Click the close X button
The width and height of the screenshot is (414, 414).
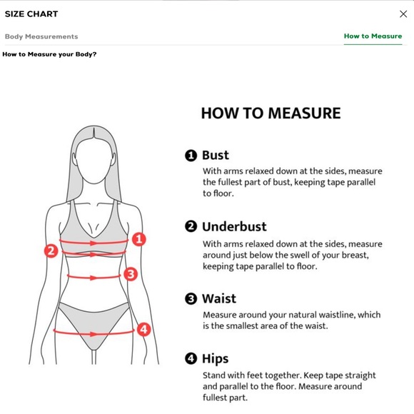click(403, 14)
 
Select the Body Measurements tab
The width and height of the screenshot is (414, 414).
click(41, 36)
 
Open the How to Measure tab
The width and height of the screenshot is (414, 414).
click(373, 36)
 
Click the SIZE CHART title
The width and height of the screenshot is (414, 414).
click(31, 14)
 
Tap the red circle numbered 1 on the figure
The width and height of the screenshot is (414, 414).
click(139, 239)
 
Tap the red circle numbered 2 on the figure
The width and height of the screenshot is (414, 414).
click(51, 251)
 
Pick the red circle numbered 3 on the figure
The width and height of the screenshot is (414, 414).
click(131, 274)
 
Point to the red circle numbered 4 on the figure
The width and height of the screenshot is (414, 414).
click(143, 329)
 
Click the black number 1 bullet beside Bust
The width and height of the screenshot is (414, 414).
click(191, 156)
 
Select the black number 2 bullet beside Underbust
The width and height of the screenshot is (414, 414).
click(191, 226)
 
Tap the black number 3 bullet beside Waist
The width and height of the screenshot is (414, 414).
click(191, 299)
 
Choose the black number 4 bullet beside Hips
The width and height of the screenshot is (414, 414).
click(191, 358)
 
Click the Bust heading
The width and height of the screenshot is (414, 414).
click(216, 155)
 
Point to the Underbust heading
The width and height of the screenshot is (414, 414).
click(234, 226)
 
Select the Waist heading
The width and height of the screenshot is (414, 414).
click(219, 298)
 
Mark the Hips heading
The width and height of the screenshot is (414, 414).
click(216, 359)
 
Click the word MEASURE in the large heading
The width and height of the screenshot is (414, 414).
click(304, 113)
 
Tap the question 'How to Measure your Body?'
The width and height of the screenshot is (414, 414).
click(49, 54)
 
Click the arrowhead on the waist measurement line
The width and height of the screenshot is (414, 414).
click(93, 278)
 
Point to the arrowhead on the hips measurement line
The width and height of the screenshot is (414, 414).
click(94, 334)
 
